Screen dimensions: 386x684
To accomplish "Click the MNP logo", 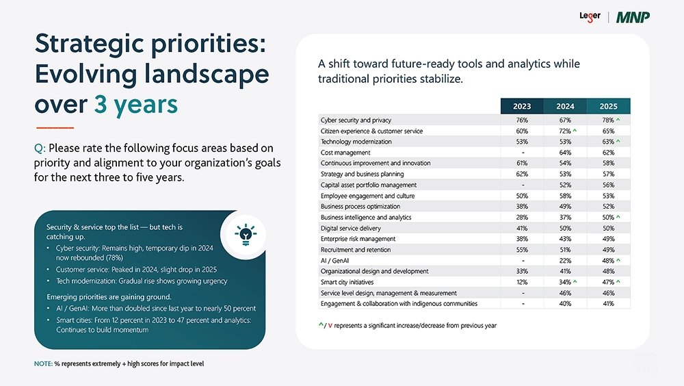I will point(633,17).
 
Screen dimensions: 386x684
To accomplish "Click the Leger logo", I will point(590,16).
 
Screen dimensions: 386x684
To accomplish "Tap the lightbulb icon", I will point(245,234).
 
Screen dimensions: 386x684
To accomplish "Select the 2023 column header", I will point(522,106).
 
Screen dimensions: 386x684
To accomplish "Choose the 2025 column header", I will point(608,106).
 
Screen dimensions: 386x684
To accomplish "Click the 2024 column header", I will point(565,106).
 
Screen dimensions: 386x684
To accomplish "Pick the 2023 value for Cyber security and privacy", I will point(522,120).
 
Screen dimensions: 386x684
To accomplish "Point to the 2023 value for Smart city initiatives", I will point(522,282).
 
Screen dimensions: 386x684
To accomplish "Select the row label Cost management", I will point(345,153).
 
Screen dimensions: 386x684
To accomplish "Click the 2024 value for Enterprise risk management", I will point(565,239).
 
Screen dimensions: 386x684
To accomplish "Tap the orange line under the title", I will point(54,128).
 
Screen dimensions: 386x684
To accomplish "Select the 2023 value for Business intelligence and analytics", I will point(522,218).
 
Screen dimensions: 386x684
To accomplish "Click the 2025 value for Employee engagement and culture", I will point(608,196).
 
